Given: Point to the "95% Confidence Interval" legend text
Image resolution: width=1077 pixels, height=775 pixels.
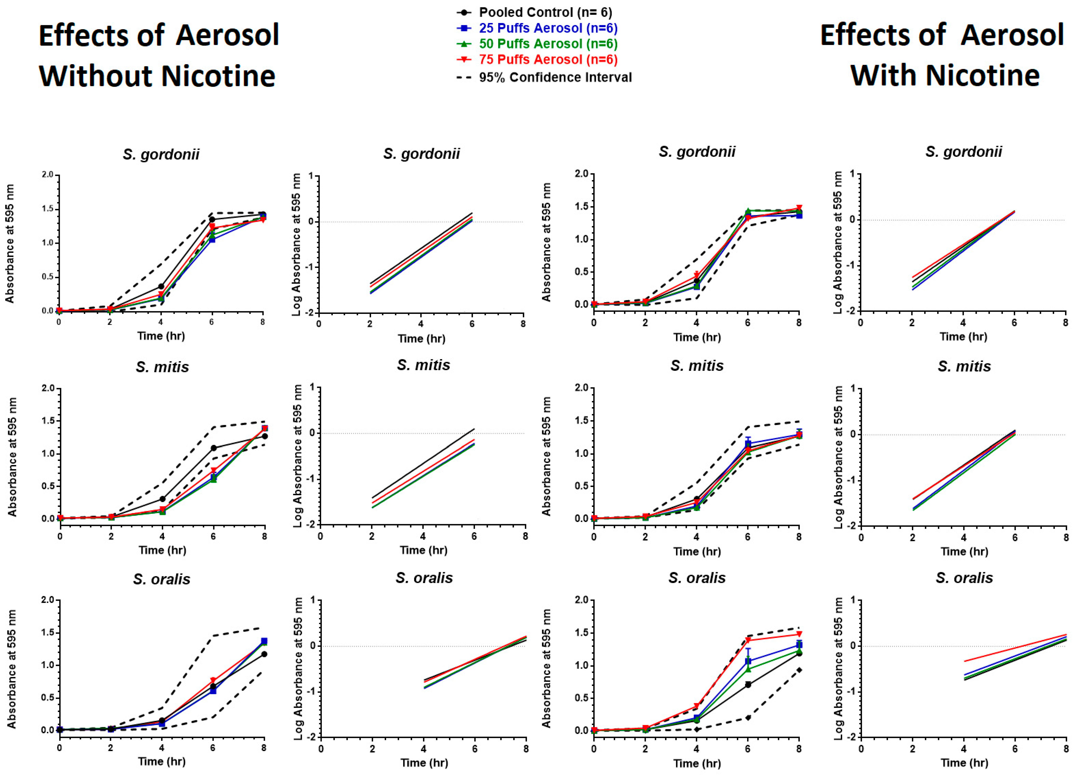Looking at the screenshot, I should click(x=555, y=77).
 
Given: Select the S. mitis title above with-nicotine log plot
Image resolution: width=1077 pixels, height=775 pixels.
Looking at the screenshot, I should click(x=964, y=366).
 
